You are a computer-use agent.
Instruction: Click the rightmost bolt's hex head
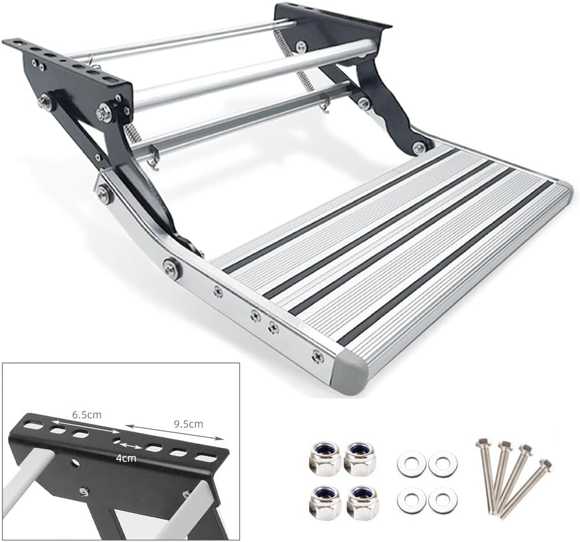(544, 464)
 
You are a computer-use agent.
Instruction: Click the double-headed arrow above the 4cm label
(131, 447)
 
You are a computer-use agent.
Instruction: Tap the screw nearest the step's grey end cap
(317, 357)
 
